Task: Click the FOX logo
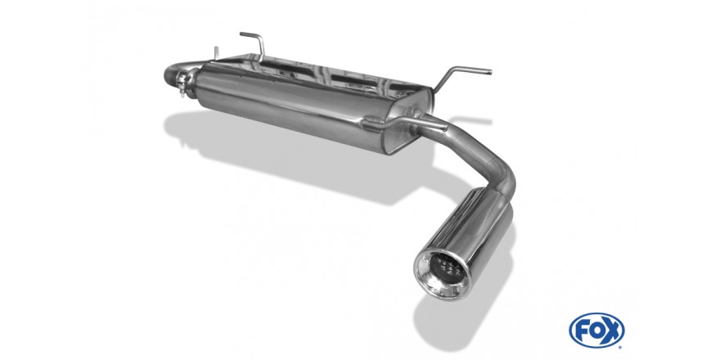(x=596, y=331)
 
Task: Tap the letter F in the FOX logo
(x=582, y=331)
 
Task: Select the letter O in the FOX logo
(x=596, y=331)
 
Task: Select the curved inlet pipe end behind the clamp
(x=172, y=74)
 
